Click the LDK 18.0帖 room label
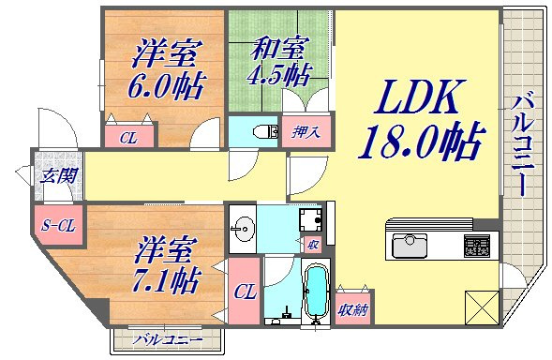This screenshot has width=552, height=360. [x=421, y=119]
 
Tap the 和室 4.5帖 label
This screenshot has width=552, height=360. [x=279, y=61]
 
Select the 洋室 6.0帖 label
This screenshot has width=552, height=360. [x=166, y=68]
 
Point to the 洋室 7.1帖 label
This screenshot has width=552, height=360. [x=167, y=264]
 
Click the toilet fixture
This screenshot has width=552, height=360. [x=266, y=132]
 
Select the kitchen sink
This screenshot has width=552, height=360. [x=410, y=245]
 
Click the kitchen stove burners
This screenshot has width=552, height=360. [x=477, y=246]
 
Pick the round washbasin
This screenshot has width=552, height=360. [x=243, y=229]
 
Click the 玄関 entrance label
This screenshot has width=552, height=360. [x=58, y=175]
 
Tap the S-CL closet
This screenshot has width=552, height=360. [x=58, y=225]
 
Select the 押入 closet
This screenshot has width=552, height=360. [x=306, y=132]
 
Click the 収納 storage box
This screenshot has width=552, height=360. [x=354, y=308]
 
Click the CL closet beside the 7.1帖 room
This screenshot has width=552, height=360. [x=245, y=292]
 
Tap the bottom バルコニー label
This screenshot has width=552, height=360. [x=168, y=340]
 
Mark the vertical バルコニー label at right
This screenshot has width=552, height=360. [x=523, y=143]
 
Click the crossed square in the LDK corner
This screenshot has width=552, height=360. [x=482, y=308]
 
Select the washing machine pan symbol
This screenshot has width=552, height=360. [x=310, y=219]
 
